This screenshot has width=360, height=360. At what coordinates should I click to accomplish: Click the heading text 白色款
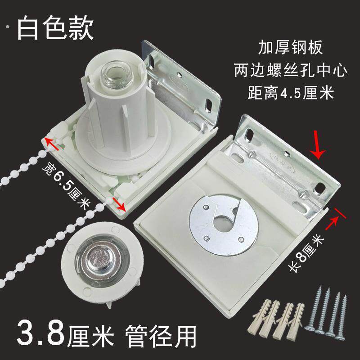[x=55, y=28]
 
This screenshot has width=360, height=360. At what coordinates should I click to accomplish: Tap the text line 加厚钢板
[x=290, y=47]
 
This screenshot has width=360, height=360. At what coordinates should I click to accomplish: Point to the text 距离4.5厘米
[x=291, y=93]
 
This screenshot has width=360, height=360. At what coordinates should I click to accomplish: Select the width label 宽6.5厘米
[x=66, y=184]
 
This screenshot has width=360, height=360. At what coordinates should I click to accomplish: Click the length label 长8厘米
[x=306, y=253]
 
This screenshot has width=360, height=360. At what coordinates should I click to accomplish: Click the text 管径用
[x=161, y=336]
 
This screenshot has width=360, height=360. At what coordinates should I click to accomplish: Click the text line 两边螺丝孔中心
[x=290, y=70]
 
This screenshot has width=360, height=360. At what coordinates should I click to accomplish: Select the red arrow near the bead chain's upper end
[x=52, y=143]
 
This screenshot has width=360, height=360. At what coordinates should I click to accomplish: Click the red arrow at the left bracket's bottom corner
[x=119, y=204]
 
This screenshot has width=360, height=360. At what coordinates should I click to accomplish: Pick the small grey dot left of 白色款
[x=8, y=27]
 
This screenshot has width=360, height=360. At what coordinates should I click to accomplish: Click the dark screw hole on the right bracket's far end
[x=319, y=188]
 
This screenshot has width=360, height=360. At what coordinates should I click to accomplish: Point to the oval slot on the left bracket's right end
[x=209, y=104]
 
